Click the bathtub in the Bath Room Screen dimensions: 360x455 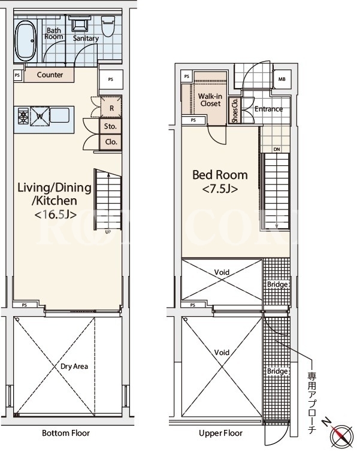(26, 40)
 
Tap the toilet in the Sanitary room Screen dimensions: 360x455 (108, 26)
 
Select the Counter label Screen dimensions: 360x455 (50, 75)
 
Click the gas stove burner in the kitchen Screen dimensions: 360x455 (23, 116)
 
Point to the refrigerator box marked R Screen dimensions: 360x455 (111, 108)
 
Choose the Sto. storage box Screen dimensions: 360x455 (110, 126)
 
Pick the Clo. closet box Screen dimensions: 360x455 (111, 142)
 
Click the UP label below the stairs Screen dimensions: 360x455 (108, 232)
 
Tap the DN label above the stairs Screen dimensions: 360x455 (277, 149)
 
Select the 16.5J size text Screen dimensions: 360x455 (56, 215)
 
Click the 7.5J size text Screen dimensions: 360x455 (220, 189)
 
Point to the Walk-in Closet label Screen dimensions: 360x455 (210, 100)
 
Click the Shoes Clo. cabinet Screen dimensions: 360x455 (235, 111)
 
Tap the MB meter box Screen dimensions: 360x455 (282, 79)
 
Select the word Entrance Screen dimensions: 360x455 (268, 109)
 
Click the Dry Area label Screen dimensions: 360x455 (74, 366)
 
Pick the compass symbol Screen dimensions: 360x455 (341, 435)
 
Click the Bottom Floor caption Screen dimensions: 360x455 (66, 433)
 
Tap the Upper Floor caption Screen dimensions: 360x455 (220, 433)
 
